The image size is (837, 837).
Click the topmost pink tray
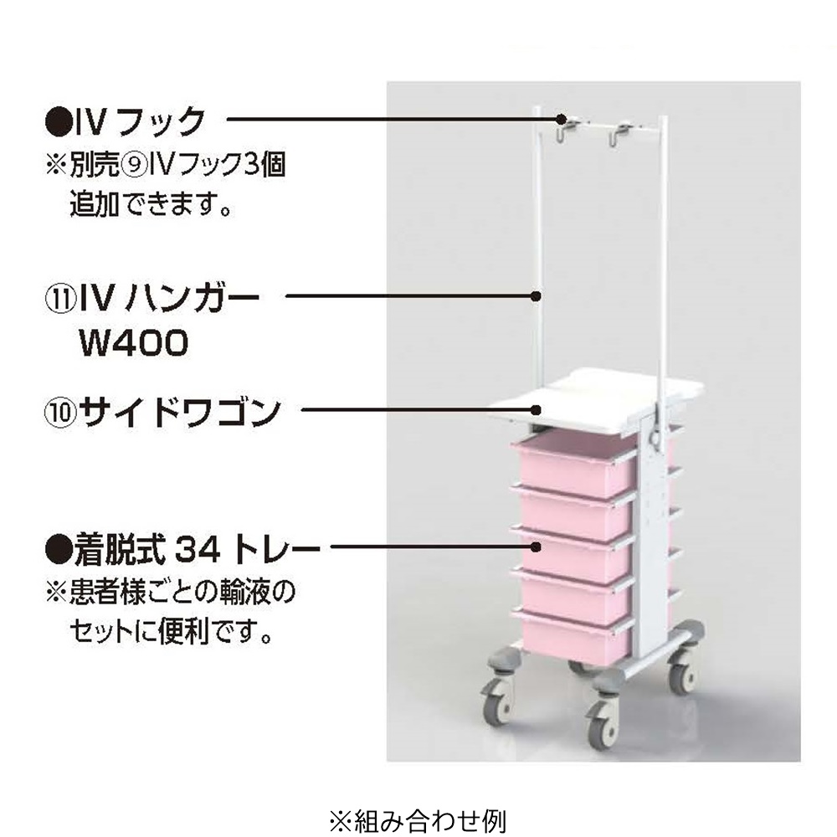(578, 465)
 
